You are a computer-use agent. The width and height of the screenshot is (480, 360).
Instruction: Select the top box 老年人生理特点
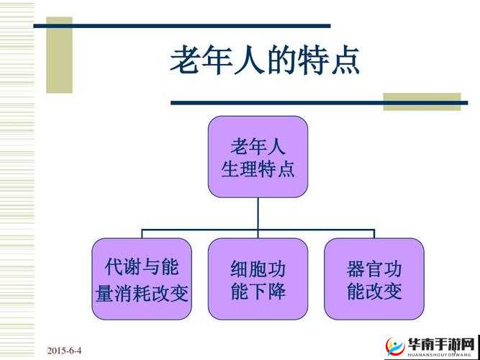click(258, 158)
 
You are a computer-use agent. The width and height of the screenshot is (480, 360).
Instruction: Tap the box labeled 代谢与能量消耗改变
click(142, 279)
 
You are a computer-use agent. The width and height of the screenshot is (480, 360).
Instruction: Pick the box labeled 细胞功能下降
click(258, 279)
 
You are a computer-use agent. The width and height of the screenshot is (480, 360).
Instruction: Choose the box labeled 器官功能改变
click(373, 279)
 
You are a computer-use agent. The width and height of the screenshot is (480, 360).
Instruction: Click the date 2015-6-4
click(65, 351)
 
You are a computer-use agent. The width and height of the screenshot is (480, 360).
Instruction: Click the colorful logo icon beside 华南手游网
click(394, 346)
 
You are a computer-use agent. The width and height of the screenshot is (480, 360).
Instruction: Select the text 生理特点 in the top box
click(258, 170)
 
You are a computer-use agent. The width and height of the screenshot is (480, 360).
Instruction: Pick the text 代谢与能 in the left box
click(142, 268)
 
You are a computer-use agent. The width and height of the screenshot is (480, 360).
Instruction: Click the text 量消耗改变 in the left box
click(142, 292)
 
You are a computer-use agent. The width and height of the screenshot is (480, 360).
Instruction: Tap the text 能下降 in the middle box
click(258, 292)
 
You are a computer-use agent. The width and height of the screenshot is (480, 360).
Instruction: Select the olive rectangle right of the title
click(421, 102)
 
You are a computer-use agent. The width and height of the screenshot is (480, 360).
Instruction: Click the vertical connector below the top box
click(258, 214)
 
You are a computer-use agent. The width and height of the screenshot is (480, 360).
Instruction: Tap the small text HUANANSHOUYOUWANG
click(440, 354)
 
